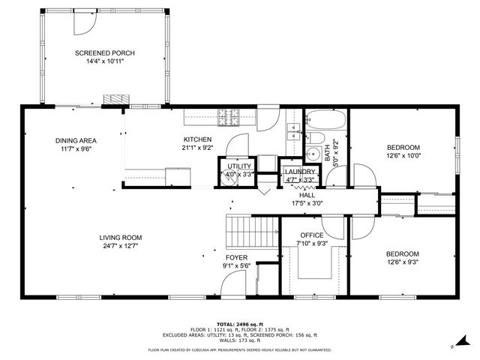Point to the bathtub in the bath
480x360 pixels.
(326, 120)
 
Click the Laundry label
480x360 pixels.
(300, 172)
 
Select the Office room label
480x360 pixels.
(312, 235)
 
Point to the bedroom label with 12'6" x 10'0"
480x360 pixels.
(403, 147)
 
